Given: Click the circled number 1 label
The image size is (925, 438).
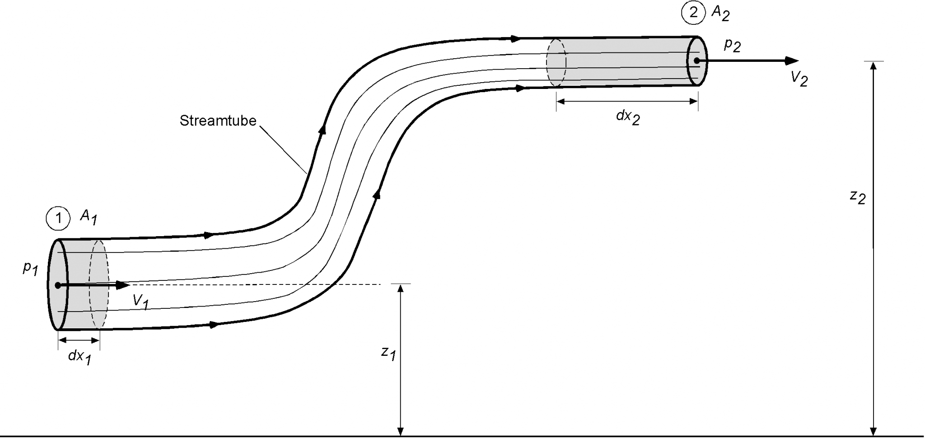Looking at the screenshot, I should [x=58, y=219].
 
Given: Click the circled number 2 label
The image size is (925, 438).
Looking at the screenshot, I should [x=693, y=13].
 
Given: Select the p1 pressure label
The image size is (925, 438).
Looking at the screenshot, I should [x=30, y=269].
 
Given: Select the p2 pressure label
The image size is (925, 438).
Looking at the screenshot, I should [x=732, y=45].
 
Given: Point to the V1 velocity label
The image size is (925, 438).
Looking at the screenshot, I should [x=140, y=302].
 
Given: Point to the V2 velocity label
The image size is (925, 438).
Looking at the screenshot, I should [x=799, y=79].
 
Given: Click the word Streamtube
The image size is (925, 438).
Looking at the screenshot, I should [x=218, y=121].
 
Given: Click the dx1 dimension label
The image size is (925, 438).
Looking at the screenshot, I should [x=79, y=357].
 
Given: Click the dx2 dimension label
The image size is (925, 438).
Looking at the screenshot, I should [x=628, y=117].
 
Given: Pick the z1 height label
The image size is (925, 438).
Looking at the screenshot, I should [x=388, y=353].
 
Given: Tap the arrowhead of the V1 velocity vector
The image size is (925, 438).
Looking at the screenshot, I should [x=123, y=285].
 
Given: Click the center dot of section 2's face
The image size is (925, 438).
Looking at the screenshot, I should [x=697, y=61].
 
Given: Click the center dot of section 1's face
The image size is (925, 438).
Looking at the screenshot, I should [x=58, y=285].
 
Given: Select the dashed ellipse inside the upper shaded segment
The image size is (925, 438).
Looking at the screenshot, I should [x=556, y=62].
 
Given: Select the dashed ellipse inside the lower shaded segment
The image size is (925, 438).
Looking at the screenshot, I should [x=99, y=284].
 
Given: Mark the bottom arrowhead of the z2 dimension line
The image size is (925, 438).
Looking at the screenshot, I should [x=874, y=431].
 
